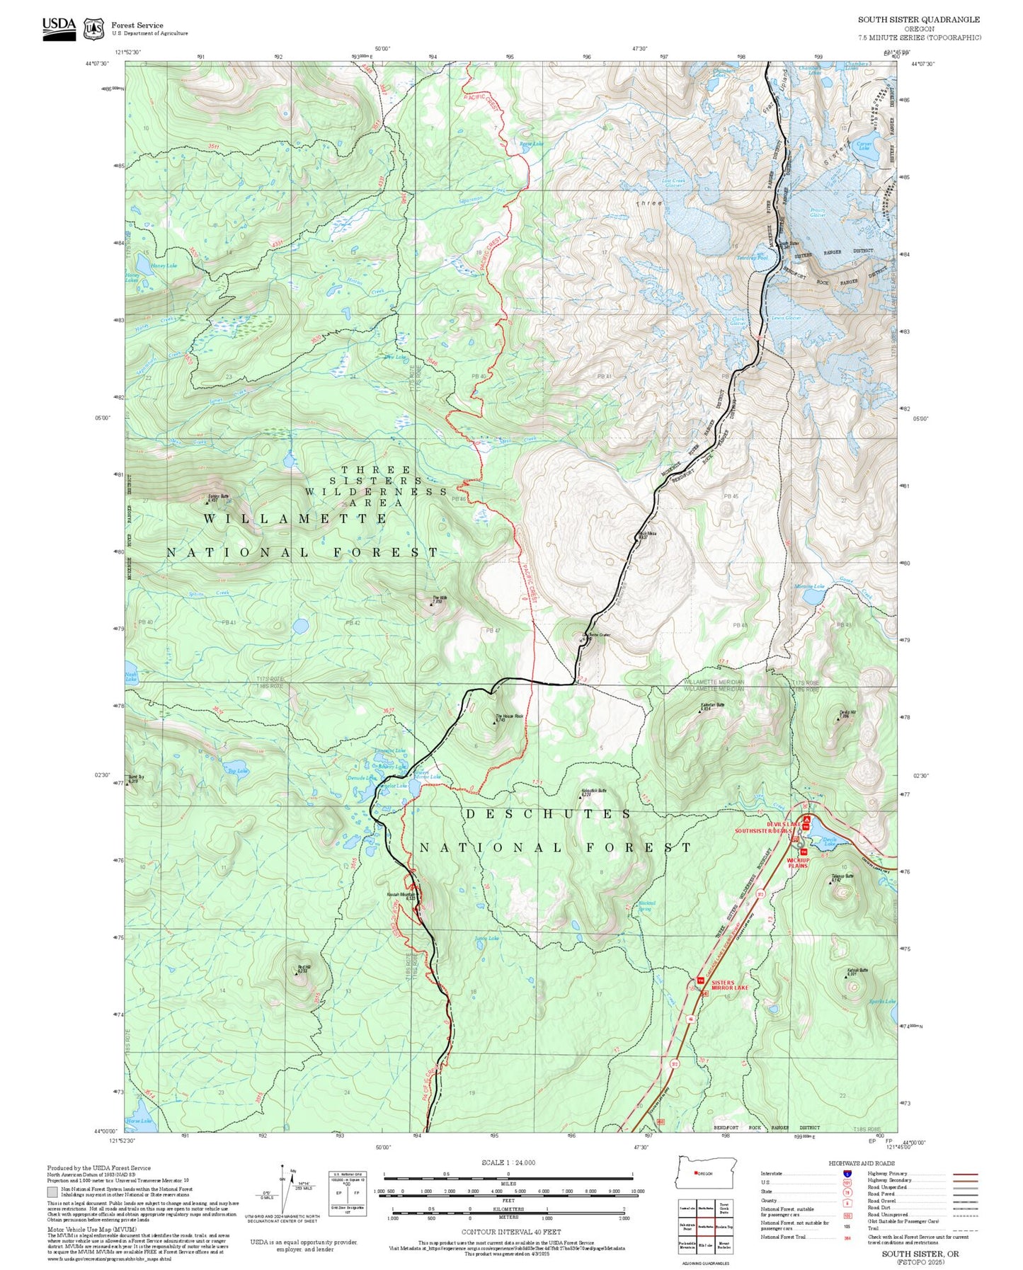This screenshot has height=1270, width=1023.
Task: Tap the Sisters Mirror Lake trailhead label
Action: click(x=728, y=985)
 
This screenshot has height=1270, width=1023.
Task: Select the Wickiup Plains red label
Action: click(x=797, y=863)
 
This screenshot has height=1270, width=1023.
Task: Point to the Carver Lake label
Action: click(x=864, y=146)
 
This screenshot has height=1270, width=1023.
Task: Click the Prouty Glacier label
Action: click(x=817, y=212)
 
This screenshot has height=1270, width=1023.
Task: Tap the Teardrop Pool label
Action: click(x=752, y=258)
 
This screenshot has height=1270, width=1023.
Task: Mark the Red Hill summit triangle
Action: click(x=296, y=974)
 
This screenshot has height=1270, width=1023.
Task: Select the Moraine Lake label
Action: click(x=809, y=586)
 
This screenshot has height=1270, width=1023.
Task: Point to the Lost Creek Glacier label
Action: click(x=673, y=183)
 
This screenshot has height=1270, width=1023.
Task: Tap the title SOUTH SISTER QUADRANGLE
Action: click(x=919, y=20)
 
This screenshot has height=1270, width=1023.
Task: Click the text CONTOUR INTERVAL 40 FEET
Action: click(x=501, y=1232)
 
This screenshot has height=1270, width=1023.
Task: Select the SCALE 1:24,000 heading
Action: click(x=508, y=1162)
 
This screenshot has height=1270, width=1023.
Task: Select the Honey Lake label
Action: click(x=164, y=265)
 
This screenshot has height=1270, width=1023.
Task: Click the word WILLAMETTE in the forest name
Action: click(x=295, y=519)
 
